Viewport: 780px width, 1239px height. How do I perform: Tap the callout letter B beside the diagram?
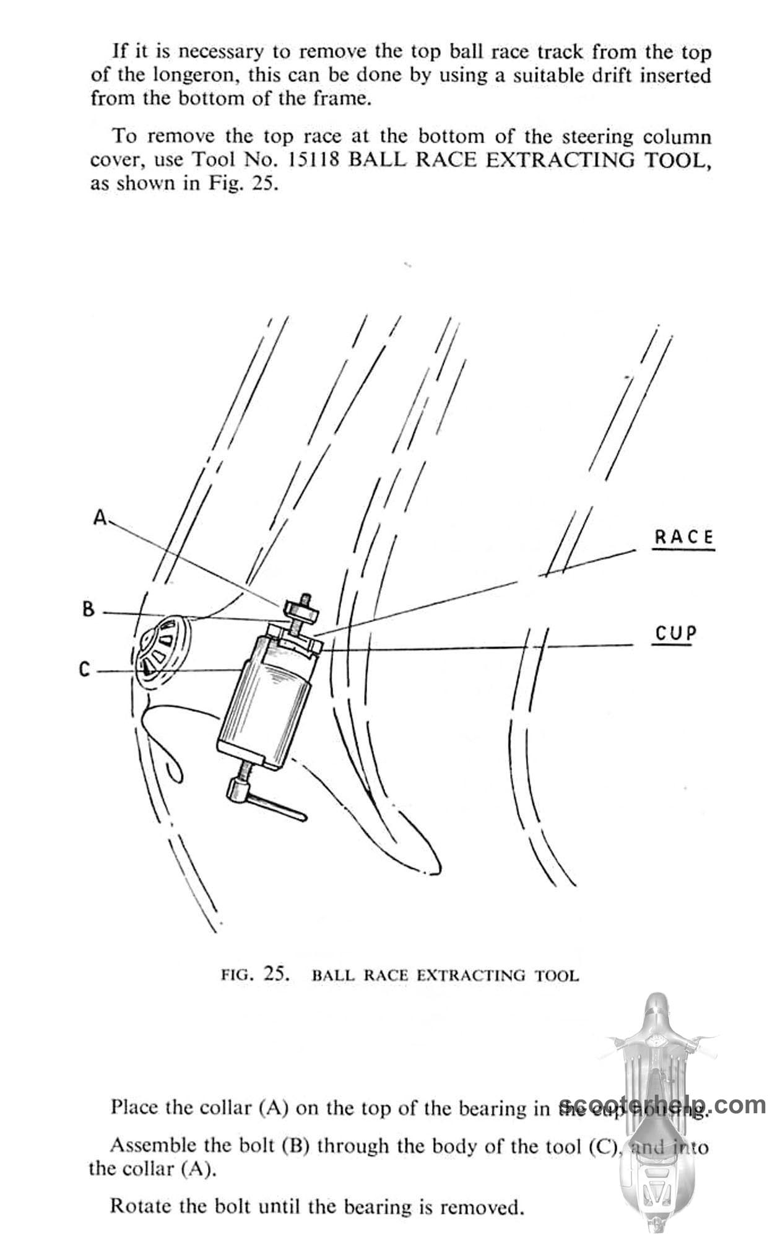pos(89,610)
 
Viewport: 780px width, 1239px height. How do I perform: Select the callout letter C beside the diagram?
pos(85,670)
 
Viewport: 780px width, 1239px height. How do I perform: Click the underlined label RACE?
pos(683,536)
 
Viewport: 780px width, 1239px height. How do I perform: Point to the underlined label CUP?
pos(675,634)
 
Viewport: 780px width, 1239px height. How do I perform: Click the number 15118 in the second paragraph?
pos(314,160)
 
